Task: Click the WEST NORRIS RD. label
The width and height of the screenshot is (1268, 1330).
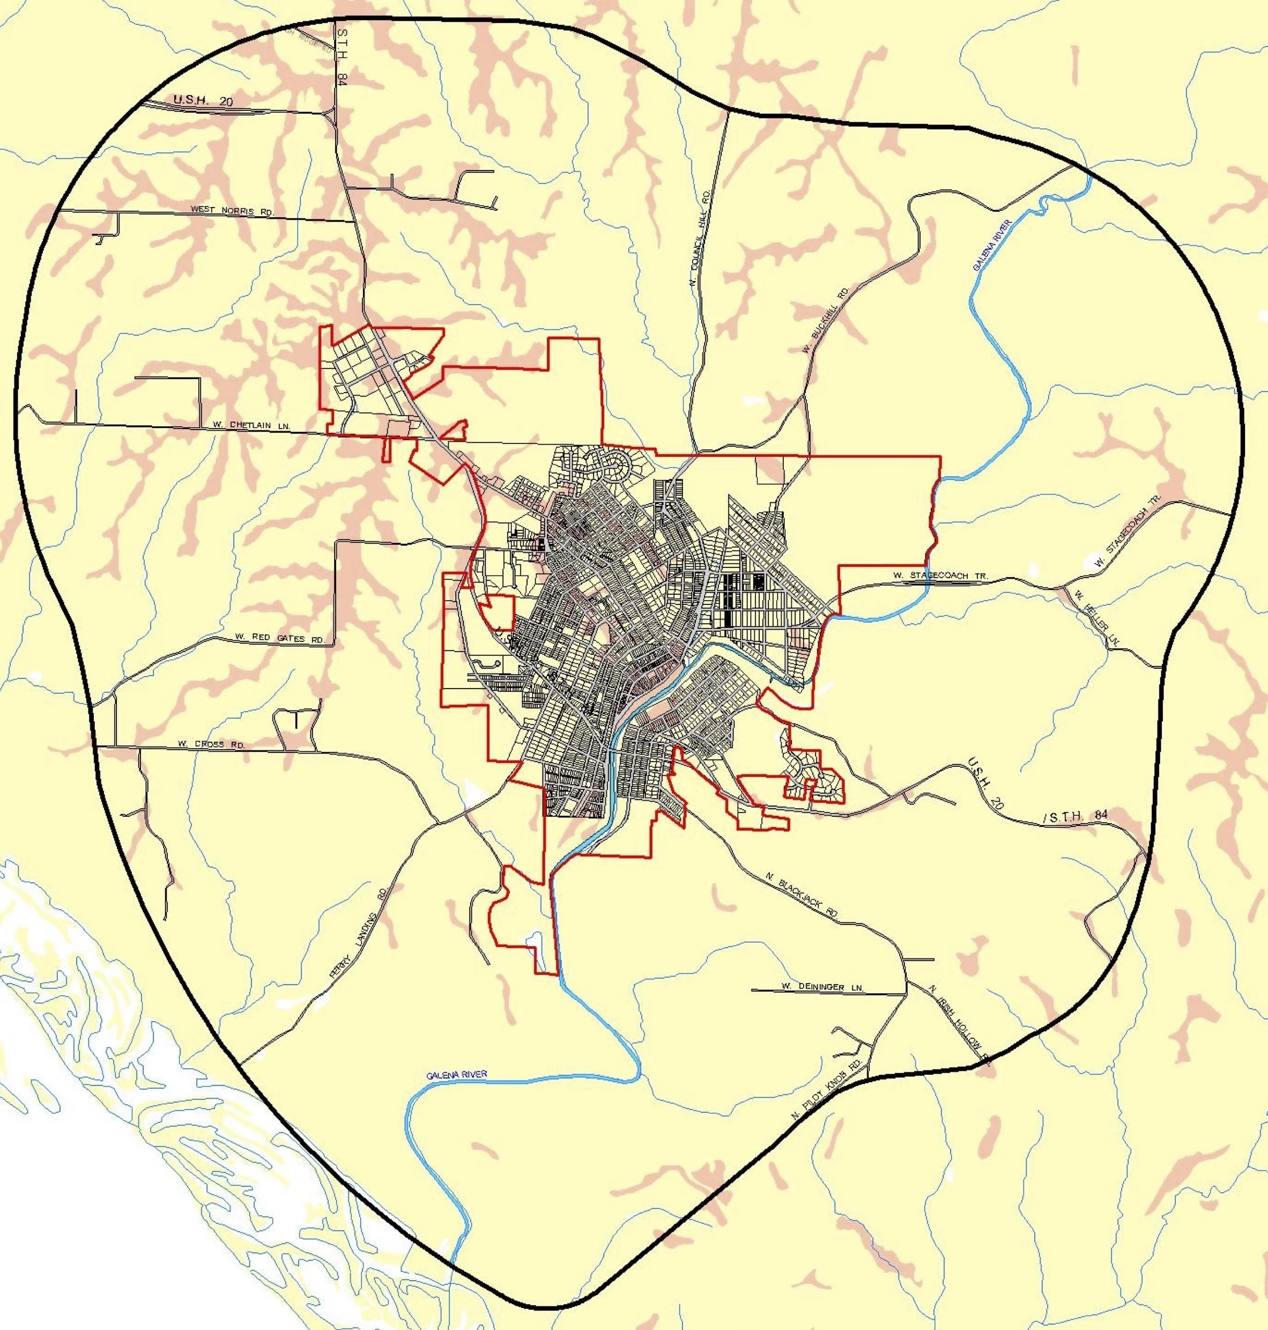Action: coord(232,210)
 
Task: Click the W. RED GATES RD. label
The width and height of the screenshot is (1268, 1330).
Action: coord(280,638)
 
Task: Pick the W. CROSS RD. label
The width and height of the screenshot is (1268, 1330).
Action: coord(211,744)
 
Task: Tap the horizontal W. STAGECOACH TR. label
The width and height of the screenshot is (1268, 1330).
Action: coord(939,575)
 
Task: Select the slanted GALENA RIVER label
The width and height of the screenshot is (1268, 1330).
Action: coord(991,245)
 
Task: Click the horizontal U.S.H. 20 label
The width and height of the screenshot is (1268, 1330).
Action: coord(203,100)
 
